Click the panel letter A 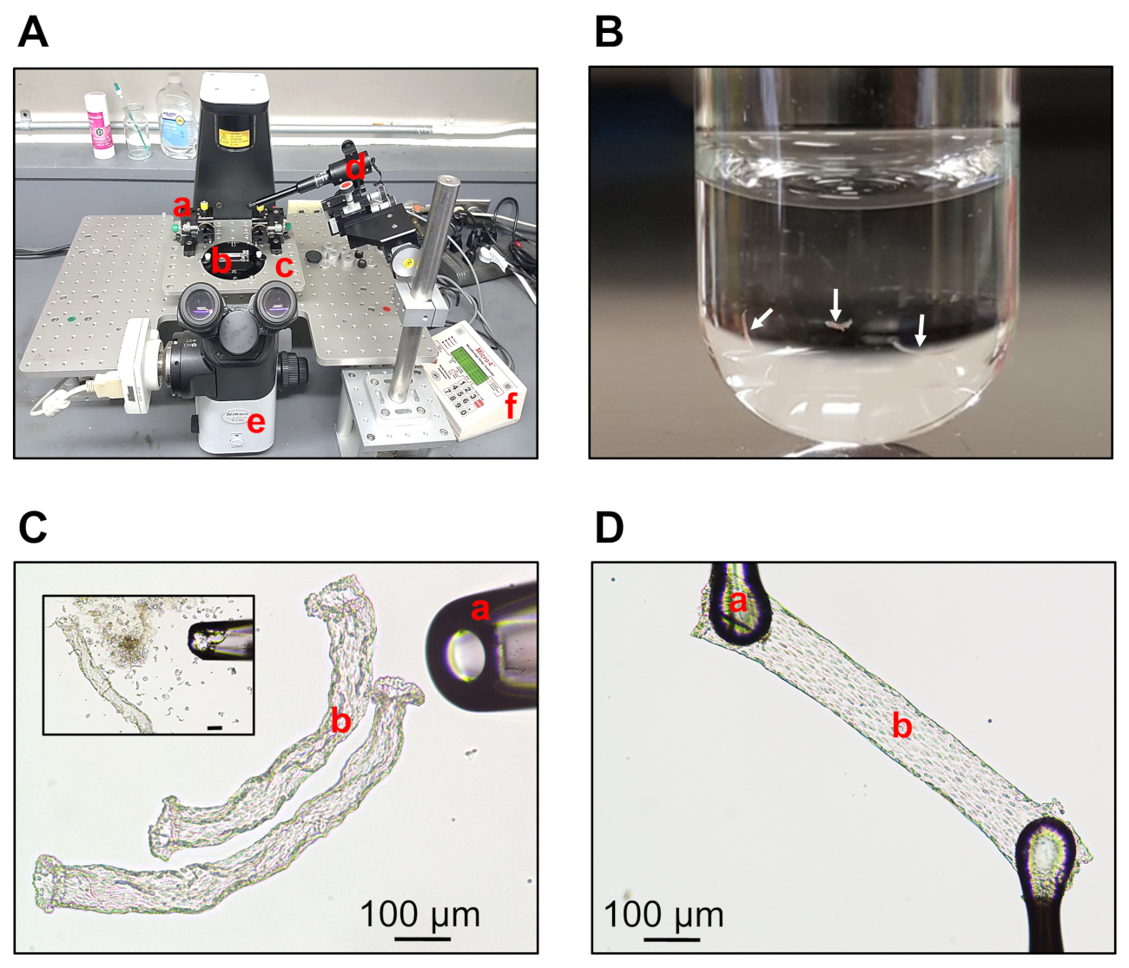33,32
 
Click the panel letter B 609,32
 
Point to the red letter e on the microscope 255,424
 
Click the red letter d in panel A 355,165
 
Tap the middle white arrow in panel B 835,305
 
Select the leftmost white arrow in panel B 762,319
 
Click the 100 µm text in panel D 664,915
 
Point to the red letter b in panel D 902,726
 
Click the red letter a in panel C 479,610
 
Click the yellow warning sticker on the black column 229,137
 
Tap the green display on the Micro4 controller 470,368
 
